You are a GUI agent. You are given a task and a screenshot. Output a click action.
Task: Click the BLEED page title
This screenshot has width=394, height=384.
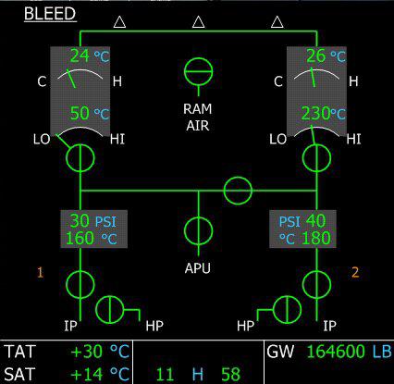point(50,14)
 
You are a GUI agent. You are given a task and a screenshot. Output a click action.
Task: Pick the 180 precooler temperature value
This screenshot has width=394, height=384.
point(316,238)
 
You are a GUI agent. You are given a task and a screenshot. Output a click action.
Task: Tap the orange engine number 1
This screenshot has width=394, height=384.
point(40,273)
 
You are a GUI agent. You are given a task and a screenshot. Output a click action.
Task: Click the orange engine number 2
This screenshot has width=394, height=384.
point(355,273)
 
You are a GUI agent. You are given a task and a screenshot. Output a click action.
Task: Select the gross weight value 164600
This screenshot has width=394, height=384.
point(337,352)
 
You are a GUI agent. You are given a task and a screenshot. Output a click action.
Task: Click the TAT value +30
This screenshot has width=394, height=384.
point(86,352)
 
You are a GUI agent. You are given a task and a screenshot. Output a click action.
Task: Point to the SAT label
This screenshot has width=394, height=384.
point(20,374)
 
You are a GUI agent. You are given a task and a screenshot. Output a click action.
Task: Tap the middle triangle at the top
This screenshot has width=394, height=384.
point(199,22)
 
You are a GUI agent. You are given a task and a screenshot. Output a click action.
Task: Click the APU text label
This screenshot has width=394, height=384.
point(198,268)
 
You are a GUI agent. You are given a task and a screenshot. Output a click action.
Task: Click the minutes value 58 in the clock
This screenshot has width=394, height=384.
point(230,374)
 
